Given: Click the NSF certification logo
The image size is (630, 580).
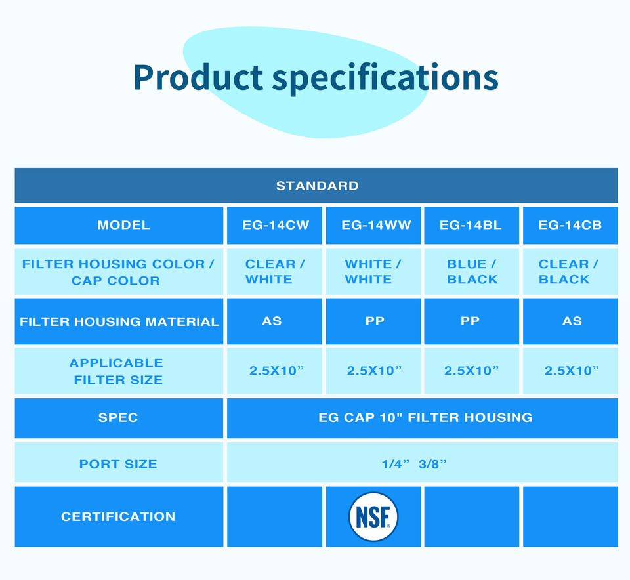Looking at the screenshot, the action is click(x=373, y=516).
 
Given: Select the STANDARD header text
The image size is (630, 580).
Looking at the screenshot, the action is click(x=317, y=186).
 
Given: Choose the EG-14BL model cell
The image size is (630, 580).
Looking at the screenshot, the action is click(x=471, y=225).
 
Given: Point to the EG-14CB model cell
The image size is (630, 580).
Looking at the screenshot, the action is click(x=570, y=225).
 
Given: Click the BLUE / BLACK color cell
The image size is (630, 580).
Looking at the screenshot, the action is click(x=472, y=272).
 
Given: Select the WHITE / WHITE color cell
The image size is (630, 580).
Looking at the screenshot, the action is click(x=373, y=272).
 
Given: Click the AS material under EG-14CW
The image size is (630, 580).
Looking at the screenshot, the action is click(x=272, y=321).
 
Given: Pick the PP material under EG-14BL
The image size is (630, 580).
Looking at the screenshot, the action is click(x=470, y=321).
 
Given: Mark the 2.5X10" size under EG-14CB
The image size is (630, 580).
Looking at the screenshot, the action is click(x=572, y=370).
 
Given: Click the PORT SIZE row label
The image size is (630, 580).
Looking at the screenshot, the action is click(x=118, y=464).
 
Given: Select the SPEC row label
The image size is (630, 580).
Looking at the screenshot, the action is click(x=118, y=417).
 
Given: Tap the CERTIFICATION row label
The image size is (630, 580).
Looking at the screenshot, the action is click(x=118, y=516).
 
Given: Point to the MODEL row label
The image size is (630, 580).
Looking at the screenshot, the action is click(x=123, y=225).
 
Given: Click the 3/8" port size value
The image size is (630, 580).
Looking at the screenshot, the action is click(x=432, y=464).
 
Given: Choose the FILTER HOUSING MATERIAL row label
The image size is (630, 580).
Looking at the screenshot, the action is click(x=119, y=321).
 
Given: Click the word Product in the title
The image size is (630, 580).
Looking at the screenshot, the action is click(x=198, y=77).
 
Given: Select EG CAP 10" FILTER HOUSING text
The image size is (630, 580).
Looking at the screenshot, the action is click(x=425, y=417).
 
